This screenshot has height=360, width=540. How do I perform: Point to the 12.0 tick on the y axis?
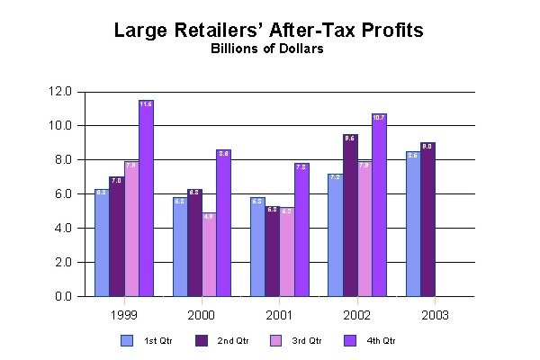click(x=62, y=92)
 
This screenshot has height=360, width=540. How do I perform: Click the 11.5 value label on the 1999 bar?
click(x=146, y=104)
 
